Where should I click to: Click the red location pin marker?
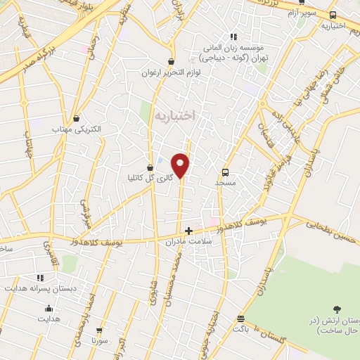(181, 165)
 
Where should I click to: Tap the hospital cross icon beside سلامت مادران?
(188, 230)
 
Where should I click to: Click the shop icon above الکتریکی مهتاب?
(76, 118)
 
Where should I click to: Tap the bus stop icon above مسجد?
(226, 172)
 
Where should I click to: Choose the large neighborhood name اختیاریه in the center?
(173, 114)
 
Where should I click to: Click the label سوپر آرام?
(305, 13)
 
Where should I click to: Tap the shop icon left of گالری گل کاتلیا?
(149, 166)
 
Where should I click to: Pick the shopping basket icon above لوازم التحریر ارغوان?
(171, 61)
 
